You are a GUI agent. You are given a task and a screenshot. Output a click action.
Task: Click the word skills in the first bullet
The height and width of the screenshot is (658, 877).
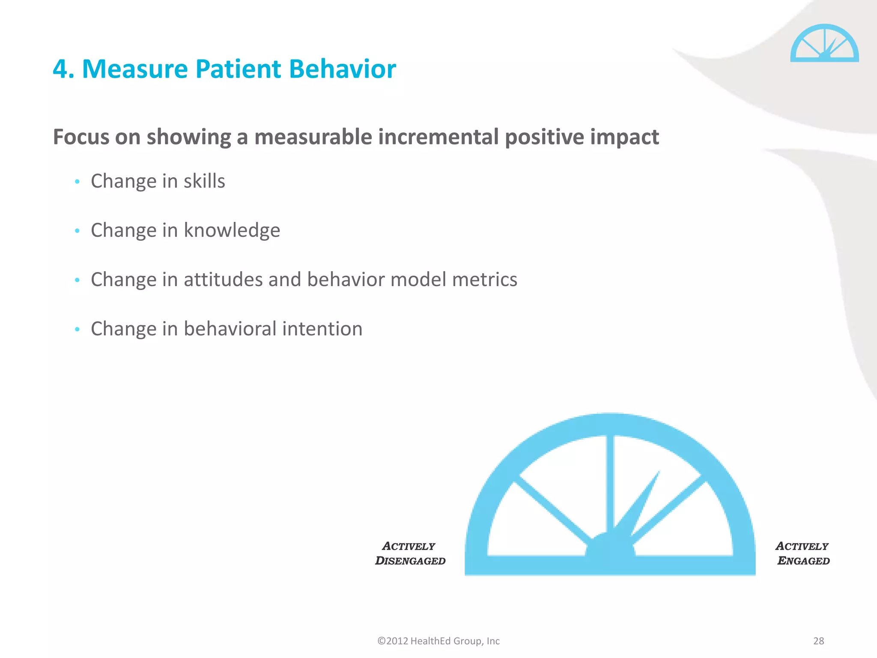(x=204, y=181)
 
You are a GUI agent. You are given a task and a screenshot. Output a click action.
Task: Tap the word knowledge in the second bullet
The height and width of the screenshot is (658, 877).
(x=232, y=230)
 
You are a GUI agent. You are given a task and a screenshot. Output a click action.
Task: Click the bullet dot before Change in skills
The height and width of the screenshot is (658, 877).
(x=77, y=182)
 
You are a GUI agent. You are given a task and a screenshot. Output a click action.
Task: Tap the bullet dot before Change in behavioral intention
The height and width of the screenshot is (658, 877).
(x=77, y=329)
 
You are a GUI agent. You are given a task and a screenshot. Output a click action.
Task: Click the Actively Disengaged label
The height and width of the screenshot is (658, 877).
(x=410, y=553)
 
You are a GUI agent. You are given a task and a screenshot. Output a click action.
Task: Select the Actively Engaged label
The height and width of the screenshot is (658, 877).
(x=802, y=553)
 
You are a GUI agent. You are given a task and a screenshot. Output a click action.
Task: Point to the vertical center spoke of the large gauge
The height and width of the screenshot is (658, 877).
(x=610, y=484)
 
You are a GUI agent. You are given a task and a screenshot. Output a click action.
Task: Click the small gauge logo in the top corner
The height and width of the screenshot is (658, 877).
(x=824, y=44)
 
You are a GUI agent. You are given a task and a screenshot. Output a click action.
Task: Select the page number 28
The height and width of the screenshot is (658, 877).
(x=818, y=641)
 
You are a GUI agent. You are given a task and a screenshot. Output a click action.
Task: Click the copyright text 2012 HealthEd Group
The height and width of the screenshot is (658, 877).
(x=438, y=641)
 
